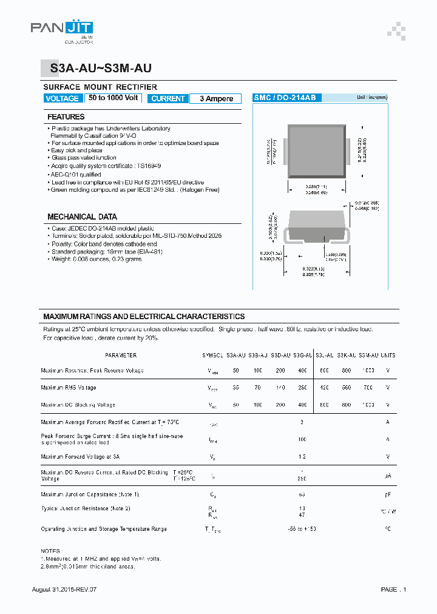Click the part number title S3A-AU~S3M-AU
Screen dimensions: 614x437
[101, 69]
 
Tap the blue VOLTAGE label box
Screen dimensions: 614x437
[62, 98]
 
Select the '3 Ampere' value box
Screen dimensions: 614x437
[216, 98]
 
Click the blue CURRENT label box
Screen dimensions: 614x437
[168, 98]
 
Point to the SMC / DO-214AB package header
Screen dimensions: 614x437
[280, 98]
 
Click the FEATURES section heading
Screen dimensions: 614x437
[66, 116]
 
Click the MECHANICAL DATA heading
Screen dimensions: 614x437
[82, 217]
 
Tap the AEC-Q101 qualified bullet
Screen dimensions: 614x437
[75, 174]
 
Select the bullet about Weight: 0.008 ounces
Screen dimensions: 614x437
[96, 259]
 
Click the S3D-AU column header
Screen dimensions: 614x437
[280, 356]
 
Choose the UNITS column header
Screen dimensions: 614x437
[387, 356]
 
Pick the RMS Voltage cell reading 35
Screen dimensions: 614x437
[235, 387]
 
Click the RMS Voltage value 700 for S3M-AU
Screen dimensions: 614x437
[368, 387]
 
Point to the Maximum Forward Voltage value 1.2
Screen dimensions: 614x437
[302, 456]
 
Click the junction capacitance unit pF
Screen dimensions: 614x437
[387, 495]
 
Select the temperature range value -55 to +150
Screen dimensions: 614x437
[302, 529]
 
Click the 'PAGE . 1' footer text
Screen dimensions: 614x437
[393, 589]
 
